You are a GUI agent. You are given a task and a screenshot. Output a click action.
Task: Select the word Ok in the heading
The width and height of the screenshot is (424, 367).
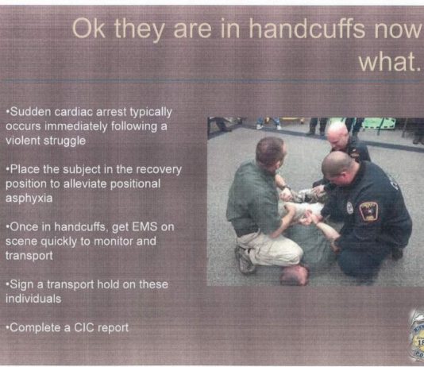[89, 28]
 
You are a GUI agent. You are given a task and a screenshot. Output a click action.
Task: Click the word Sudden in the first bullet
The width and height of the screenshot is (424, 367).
[29, 111]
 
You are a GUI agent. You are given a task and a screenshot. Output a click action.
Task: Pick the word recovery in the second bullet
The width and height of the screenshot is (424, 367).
[159, 170]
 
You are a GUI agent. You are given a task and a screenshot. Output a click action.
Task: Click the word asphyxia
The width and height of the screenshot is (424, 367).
[29, 199]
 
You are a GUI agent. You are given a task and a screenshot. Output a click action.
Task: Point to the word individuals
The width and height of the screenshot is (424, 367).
[33, 299]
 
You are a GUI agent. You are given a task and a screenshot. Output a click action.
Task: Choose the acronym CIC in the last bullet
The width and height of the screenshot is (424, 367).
[84, 328]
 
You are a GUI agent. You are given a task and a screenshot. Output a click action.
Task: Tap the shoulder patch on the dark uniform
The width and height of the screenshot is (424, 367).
[368, 211]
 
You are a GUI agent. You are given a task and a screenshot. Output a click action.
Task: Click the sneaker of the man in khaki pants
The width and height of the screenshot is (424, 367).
[245, 259]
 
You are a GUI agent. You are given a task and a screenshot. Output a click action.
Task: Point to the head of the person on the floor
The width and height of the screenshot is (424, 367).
[294, 275]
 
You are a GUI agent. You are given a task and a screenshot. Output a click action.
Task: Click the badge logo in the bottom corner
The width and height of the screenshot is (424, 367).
[416, 336]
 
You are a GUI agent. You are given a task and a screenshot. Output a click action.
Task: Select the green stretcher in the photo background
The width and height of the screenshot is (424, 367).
[379, 123]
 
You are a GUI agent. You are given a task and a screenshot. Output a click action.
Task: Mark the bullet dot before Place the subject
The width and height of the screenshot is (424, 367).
[8, 169]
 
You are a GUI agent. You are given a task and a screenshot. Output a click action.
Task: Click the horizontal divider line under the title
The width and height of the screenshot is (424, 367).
[212, 81]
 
